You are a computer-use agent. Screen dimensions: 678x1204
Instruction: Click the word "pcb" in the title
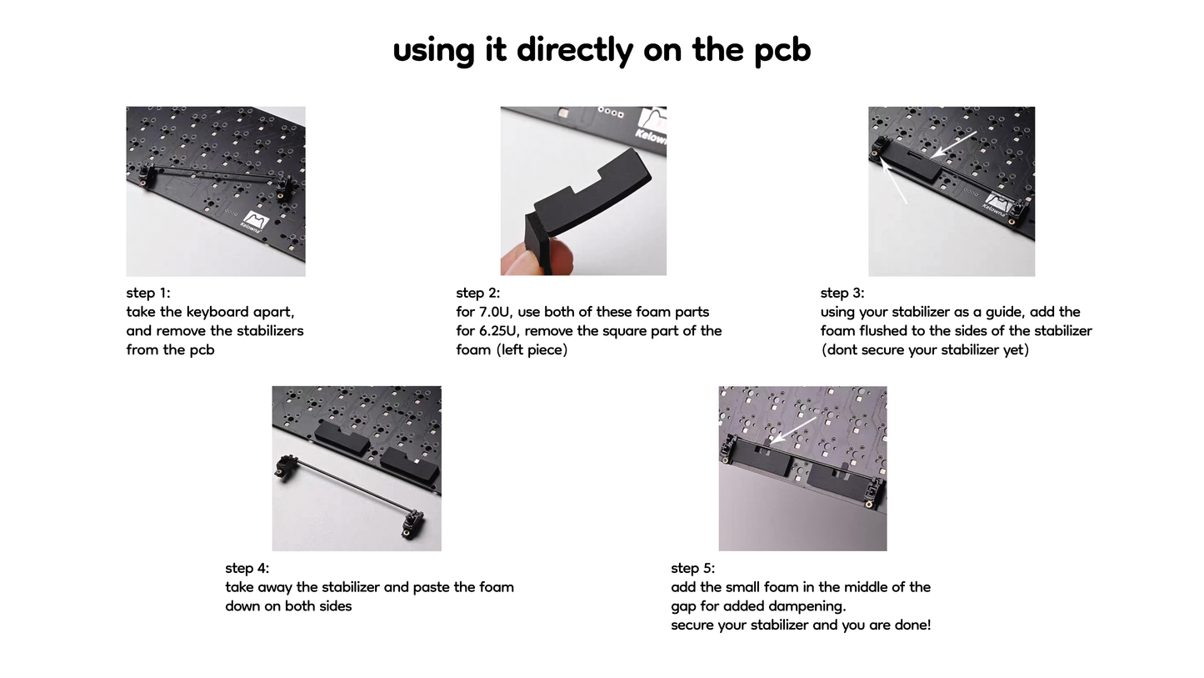pos(782,50)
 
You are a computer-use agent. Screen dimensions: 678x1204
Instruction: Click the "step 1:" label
pos(148,293)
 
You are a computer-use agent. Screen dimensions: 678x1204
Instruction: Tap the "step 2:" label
pos(478,293)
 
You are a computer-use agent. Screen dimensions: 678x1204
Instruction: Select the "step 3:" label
pos(842,293)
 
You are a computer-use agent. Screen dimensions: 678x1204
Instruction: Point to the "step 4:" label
pos(247,568)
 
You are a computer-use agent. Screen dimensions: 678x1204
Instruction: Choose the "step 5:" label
pos(693,568)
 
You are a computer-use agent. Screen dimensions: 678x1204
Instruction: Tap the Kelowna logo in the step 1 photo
pos(253,221)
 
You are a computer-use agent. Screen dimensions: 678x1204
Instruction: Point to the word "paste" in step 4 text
pos(432,587)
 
